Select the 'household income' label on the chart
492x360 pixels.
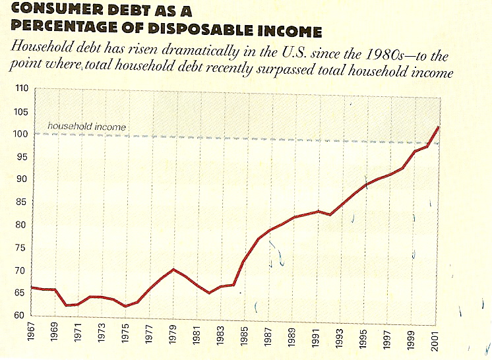coord(86,126)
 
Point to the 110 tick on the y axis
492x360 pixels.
coord(22,88)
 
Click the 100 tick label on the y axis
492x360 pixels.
coord(22,134)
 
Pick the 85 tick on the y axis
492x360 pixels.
coord(22,202)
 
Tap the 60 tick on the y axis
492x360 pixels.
coord(22,316)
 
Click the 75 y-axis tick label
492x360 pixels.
coord(22,248)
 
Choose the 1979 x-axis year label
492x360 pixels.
coord(173,334)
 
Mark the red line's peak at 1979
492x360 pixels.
coord(173,269)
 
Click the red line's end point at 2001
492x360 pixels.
coord(438,126)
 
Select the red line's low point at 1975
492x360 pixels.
coord(125,306)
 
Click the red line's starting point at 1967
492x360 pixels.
coord(32,287)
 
